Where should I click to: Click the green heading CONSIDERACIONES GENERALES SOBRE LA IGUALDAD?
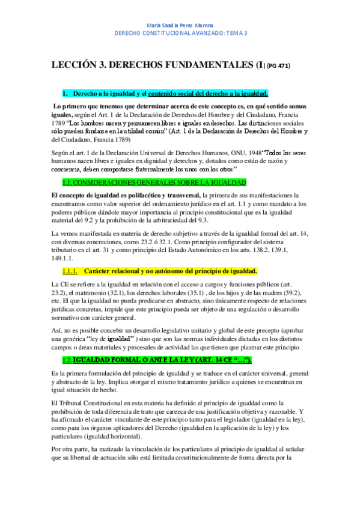(x=154, y=182)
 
